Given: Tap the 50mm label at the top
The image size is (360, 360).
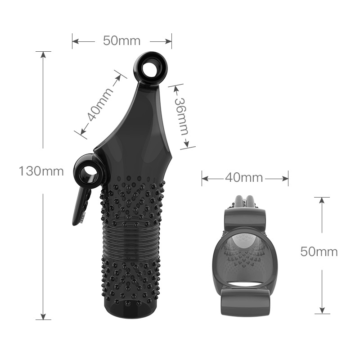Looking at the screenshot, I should click(121, 41).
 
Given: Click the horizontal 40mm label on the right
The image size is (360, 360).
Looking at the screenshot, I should click(244, 178).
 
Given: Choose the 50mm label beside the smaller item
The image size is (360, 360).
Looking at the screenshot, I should click(319, 252).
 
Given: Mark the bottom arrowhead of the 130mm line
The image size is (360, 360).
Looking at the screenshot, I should click(43, 316).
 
